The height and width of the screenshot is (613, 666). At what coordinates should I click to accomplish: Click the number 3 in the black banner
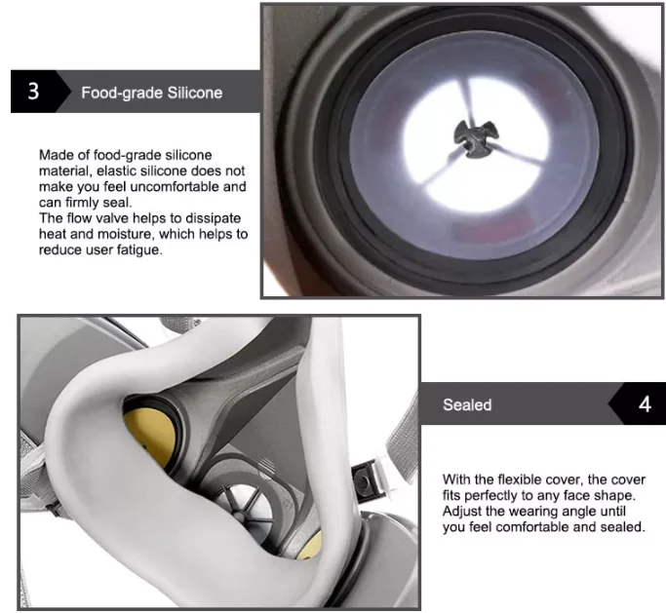(33, 92)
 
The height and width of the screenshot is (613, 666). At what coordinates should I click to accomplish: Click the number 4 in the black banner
(645, 403)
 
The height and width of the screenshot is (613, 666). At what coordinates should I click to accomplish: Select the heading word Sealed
(467, 404)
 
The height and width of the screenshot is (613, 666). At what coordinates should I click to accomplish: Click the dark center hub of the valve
(475, 138)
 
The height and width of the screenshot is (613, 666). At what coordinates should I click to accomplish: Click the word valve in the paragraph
(113, 218)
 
